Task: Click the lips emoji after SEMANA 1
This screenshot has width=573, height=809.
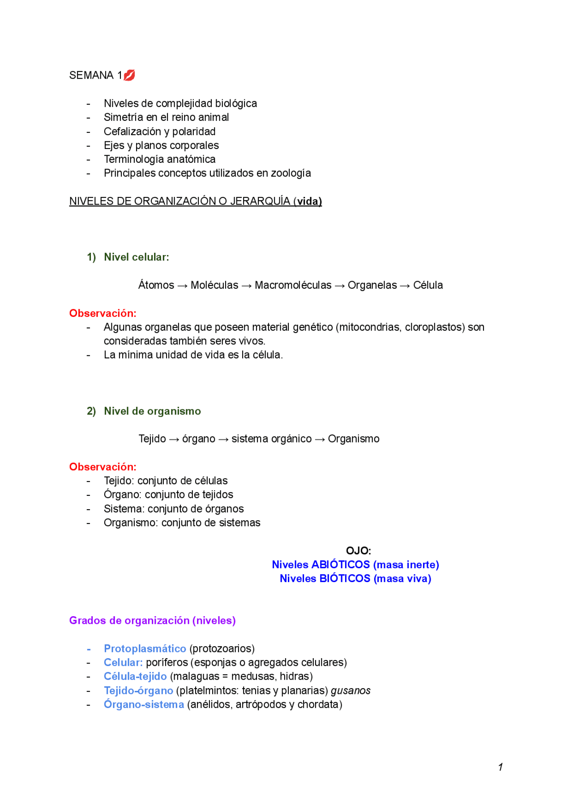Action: pos(129,75)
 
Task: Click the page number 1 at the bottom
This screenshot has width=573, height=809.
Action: pos(500,767)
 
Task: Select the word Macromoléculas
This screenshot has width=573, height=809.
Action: pos(293,285)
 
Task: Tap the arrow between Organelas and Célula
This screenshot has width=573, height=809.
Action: pos(405,285)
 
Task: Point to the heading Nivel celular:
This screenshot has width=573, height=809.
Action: pos(136,257)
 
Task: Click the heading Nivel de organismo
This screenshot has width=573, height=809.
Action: pos(152,411)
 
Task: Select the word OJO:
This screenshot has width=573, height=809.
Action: pos(358,550)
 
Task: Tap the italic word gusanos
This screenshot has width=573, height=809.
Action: pos(351,690)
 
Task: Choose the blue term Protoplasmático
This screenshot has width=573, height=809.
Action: pos(145,648)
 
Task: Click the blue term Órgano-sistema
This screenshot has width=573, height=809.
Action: pos(144,704)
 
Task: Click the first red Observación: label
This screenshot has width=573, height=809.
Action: pos(103,313)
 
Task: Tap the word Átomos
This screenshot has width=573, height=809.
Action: pos(156,285)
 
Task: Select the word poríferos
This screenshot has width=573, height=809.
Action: pos(167,662)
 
